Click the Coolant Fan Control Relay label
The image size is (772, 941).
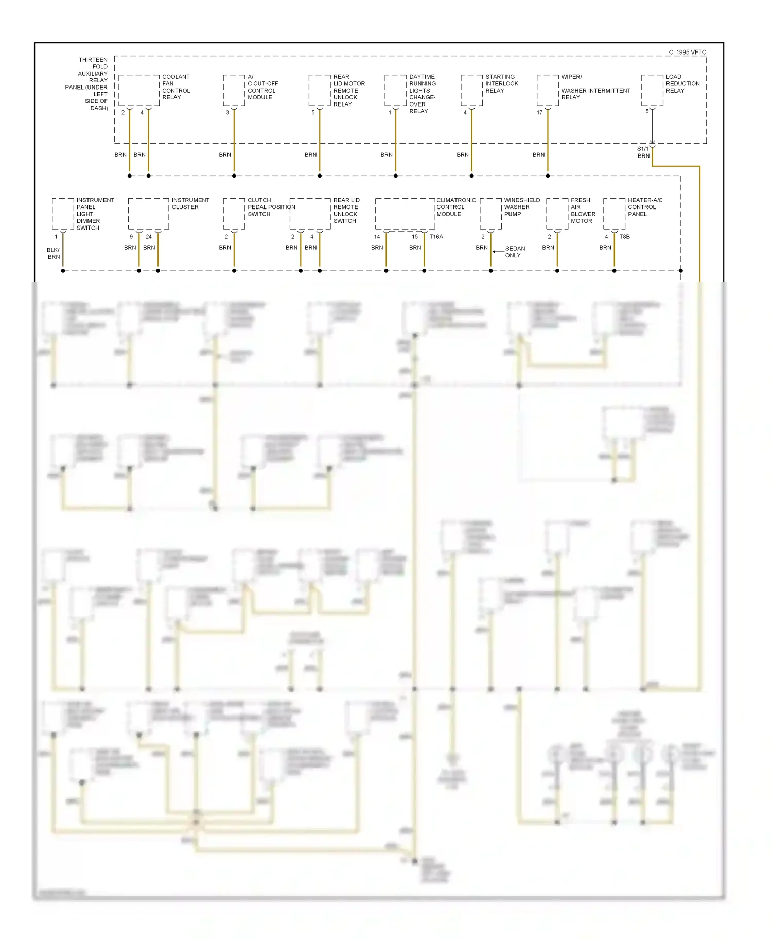coord(176,87)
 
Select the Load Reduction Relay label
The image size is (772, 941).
coord(682,83)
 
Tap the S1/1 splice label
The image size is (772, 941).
coord(643,149)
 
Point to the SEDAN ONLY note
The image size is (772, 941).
coord(514,252)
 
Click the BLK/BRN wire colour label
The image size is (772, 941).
coord(54,253)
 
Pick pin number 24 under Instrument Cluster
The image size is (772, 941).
coord(149,237)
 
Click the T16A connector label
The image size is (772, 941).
coord(436,237)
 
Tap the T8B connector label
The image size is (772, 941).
coord(624,237)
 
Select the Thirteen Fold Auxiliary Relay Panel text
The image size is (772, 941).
coord(87,84)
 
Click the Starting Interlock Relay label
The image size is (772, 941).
coord(501,83)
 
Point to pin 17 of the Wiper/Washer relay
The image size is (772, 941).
coord(539,113)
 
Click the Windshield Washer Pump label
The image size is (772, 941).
coord(521,207)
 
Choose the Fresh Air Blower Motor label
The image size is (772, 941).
coord(583,211)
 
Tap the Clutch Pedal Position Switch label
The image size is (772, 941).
coord(270,207)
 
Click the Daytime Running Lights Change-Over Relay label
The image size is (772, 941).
coord(422,94)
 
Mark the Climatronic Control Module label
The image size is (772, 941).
coord(455,207)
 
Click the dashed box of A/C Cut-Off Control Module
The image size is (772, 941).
coord(234,91)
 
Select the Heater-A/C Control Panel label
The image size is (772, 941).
coord(645,207)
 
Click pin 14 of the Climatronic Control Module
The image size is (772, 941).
coord(377,237)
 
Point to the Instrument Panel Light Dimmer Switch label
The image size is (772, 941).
coord(95,214)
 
